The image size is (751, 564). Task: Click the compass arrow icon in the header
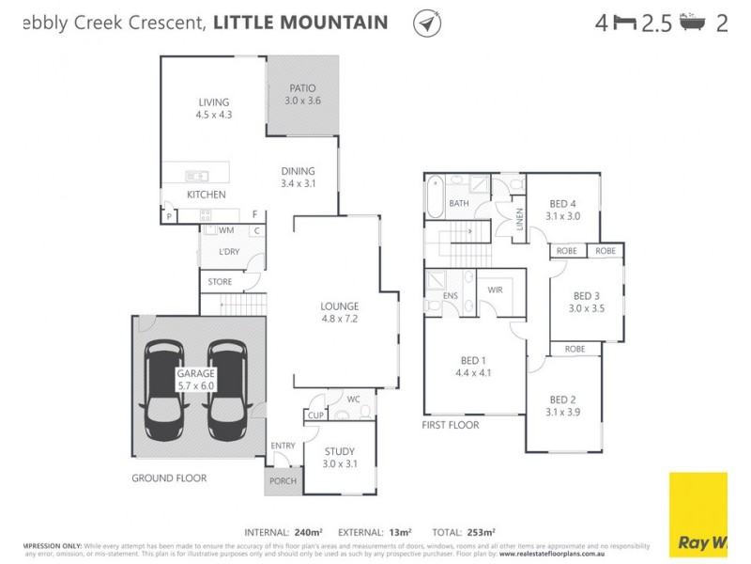[427, 23]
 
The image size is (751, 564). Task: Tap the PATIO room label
[302, 94]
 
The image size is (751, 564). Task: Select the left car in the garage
[164, 388]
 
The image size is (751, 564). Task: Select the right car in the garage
[226, 388]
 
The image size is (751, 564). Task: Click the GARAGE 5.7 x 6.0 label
[195, 379]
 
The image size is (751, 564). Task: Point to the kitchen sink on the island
[196, 175]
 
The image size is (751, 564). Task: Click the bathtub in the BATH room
[433, 199]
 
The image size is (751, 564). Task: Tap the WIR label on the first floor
[495, 290]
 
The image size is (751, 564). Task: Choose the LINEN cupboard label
[519, 222]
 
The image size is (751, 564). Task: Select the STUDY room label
[339, 458]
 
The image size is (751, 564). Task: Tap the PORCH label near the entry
[283, 481]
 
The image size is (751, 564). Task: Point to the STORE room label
[220, 280]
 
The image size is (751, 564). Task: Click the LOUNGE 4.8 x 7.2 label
[339, 312]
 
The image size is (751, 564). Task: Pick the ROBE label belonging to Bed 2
[575, 348]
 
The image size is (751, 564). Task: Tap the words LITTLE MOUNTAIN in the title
[300, 23]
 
